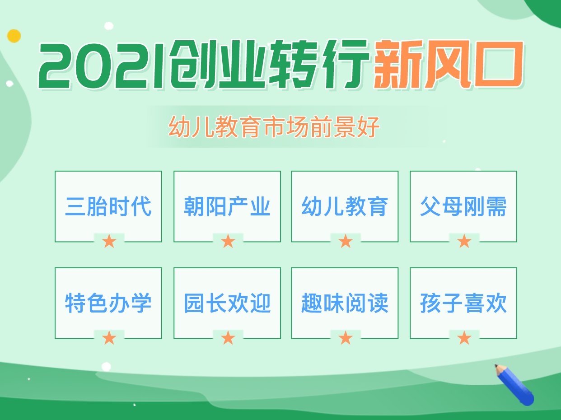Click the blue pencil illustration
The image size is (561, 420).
tap(514, 384)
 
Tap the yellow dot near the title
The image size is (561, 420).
tap(14, 36)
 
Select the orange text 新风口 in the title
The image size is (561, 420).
tap(449, 65)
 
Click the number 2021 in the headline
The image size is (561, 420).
tap(101, 66)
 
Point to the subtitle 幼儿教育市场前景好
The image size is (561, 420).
tap(274, 127)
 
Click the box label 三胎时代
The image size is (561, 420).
tap(108, 206)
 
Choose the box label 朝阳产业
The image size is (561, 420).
tap(227, 206)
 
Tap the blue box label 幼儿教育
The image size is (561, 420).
tap(345, 206)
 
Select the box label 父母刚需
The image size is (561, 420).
tap(463, 206)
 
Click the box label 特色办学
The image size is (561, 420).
tap(108, 303)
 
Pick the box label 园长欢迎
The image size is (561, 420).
tap(227, 303)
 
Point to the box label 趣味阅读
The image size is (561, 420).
tap(345, 303)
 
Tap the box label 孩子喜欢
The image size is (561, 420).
tap(463, 303)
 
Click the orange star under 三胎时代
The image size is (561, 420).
tap(109, 241)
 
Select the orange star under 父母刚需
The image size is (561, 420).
tap(464, 241)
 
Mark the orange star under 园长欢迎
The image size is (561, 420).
tap(228, 338)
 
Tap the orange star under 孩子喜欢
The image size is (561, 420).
tap(464, 338)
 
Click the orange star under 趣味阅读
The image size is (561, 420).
tap(346, 338)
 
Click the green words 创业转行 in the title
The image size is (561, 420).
tap(270, 65)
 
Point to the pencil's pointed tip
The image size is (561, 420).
tap(496, 365)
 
